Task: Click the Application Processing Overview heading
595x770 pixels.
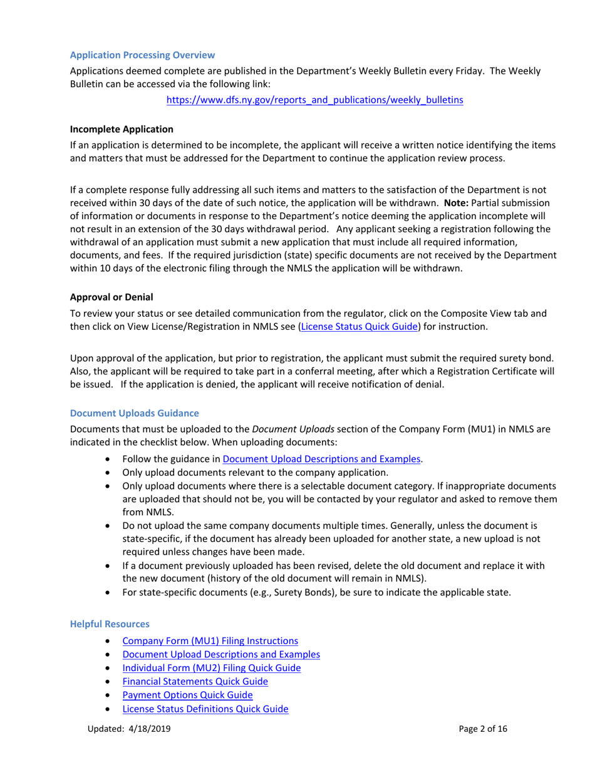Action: (x=142, y=56)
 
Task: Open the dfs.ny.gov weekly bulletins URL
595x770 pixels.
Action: (x=314, y=100)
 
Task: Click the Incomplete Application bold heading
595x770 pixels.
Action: (x=122, y=130)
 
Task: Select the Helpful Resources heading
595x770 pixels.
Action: (x=110, y=624)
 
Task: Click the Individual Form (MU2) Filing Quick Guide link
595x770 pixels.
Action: (x=211, y=668)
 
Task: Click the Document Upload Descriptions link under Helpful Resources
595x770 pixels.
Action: (x=221, y=654)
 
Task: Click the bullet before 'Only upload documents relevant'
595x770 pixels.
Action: (x=111, y=473)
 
